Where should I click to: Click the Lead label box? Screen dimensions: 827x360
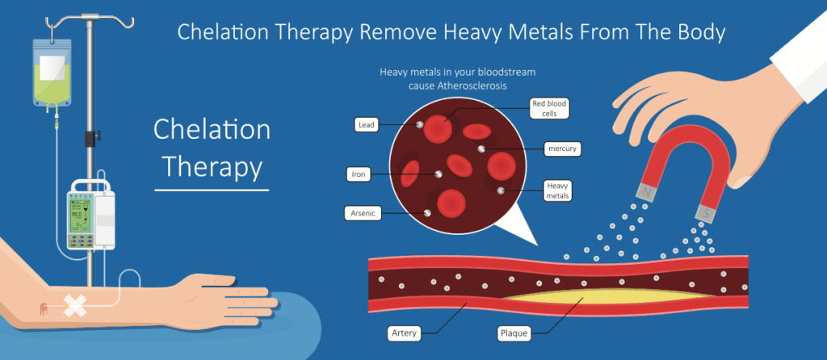tap(367, 125)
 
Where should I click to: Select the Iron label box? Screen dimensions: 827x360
tap(359, 174)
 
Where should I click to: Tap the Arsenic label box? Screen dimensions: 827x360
tap(363, 213)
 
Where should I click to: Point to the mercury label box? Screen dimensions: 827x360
tap(563, 149)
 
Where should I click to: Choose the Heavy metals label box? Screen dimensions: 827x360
tap(558, 190)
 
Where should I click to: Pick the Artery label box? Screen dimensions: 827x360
tap(405, 333)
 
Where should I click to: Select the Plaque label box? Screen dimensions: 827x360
tap(514, 333)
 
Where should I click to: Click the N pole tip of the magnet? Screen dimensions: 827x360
tap(645, 192)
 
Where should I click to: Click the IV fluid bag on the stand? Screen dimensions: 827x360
tap(52, 73)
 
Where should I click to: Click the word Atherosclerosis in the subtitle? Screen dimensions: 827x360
tap(472, 86)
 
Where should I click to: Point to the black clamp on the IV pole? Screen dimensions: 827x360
tap(92, 137)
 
